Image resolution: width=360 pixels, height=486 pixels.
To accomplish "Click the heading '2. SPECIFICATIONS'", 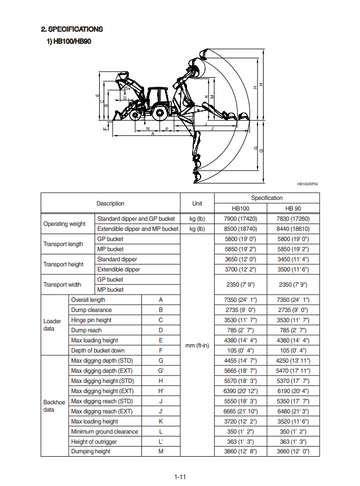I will tap(72, 29).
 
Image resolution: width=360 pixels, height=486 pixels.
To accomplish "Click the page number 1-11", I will tap(180, 477).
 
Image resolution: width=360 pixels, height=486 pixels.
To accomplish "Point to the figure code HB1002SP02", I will tap(308, 184).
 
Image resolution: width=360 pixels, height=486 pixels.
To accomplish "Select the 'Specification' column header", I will tap(267, 198).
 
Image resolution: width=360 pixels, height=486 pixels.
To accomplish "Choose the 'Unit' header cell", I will tap(197, 203).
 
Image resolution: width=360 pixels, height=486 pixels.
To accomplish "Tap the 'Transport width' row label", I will tap(64, 284).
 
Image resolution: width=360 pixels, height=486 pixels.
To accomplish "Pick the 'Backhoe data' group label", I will tap(55, 406).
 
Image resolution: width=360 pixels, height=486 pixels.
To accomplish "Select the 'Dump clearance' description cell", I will tap(91, 310).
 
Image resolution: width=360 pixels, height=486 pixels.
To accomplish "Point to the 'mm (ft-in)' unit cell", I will tap(197, 345).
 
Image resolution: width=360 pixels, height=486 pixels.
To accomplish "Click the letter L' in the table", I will tap(161, 442).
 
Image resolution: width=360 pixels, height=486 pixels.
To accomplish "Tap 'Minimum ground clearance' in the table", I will tap(104, 431).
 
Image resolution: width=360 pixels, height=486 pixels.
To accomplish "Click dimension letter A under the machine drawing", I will tap(152, 134).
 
